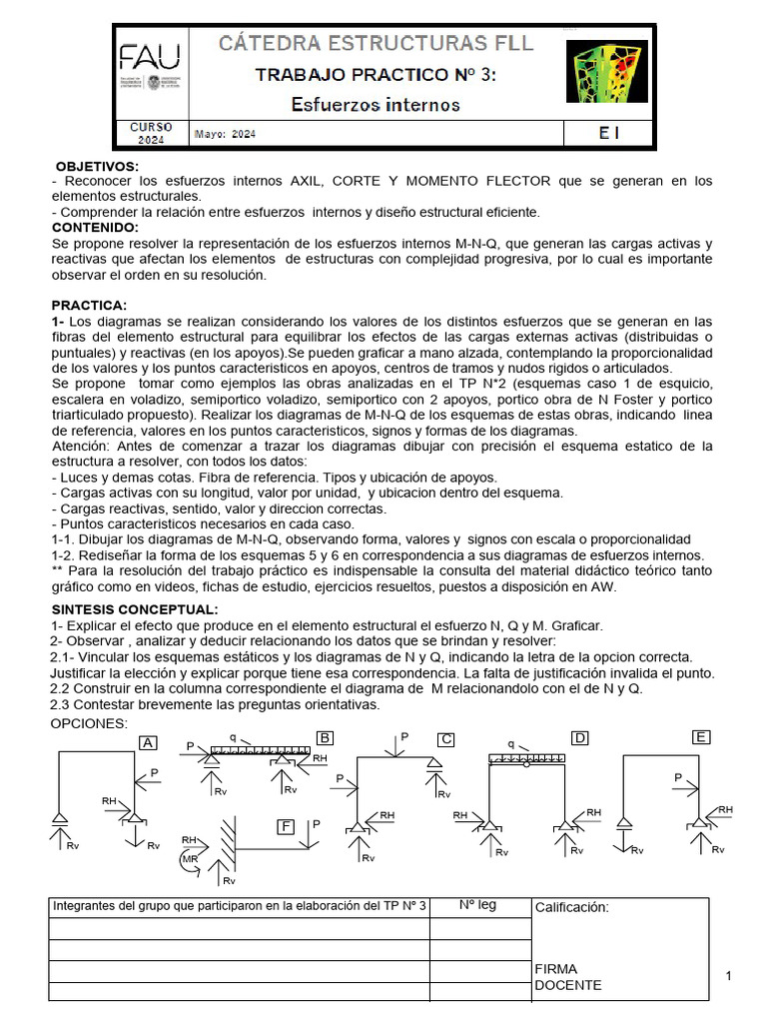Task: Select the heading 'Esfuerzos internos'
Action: coord(375,104)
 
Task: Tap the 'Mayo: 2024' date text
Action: coord(226,134)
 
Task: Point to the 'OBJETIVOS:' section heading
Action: coord(97,166)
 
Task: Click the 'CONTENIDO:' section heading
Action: coord(95,228)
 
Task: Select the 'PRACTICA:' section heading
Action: coord(89,305)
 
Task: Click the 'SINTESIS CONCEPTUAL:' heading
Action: coord(134,610)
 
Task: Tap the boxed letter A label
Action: coord(149,742)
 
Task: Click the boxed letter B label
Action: coord(324,738)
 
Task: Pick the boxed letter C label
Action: coord(446,739)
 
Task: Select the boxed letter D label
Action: coord(579,738)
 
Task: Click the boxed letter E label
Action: coord(701,737)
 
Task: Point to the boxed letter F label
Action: coord(288,826)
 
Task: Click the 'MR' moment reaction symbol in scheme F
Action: coord(190,858)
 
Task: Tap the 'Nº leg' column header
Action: coord(477,906)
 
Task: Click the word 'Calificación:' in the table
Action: coord(572,907)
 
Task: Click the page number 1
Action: coord(729,975)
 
